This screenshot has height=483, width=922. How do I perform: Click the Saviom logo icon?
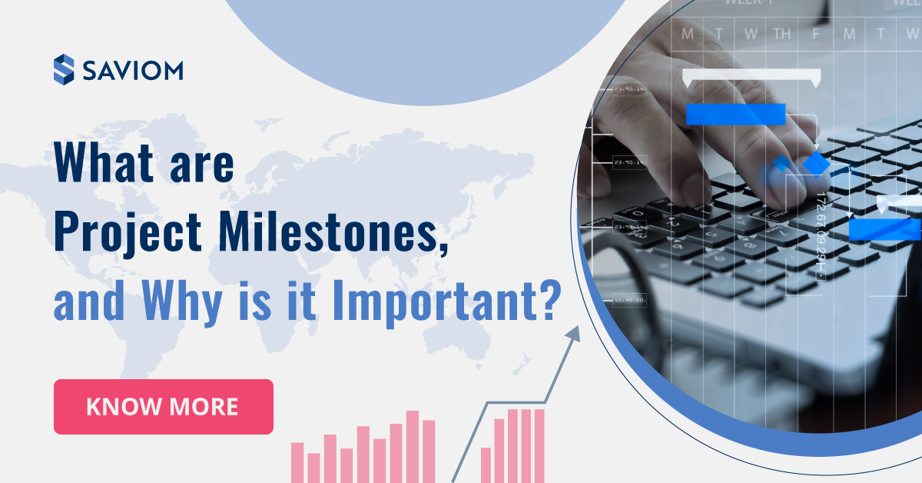coord(64,69)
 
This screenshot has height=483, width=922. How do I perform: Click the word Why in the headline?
coord(194,302)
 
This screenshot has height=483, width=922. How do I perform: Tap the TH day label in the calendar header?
coord(781,34)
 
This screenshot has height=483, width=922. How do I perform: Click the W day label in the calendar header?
coord(750,34)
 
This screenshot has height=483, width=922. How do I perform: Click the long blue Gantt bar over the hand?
coord(735,115)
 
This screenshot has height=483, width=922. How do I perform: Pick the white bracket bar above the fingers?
coord(751,76)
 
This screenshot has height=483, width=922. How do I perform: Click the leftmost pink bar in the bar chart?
coord(297,461)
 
